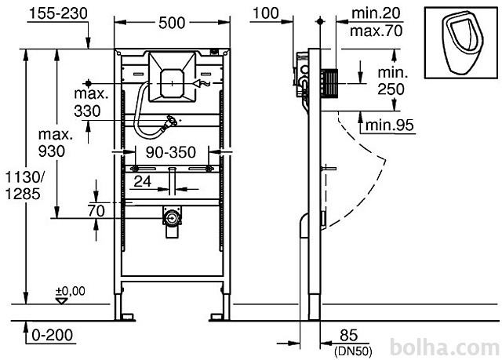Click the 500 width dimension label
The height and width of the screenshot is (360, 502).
pyautogui.click(x=172, y=23)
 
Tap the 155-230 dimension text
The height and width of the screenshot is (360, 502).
pyautogui.click(x=58, y=14)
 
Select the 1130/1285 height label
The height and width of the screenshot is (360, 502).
pyautogui.click(x=24, y=185)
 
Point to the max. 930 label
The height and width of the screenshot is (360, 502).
pyautogui.click(x=55, y=143)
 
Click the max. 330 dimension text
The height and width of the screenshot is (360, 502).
pyautogui.click(x=91, y=103)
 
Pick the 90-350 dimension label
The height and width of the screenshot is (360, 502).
pyautogui.click(x=171, y=153)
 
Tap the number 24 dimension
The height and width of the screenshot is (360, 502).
pyautogui.click(x=142, y=182)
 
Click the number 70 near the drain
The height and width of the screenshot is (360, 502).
pyautogui.click(x=96, y=211)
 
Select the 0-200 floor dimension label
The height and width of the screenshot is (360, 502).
pyautogui.click(x=53, y=336)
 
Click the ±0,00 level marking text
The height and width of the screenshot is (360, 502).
pyautogui.click(x=71, y=291)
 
